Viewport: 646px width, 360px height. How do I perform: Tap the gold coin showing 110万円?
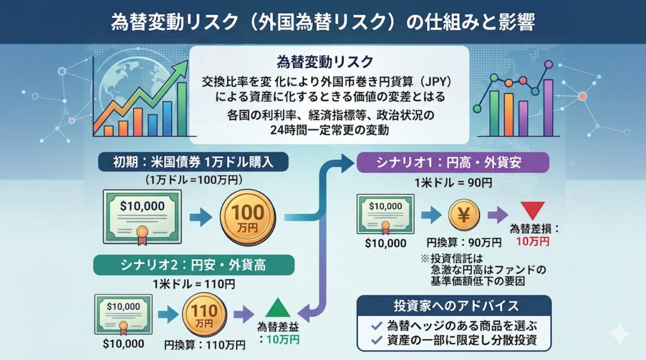point(204,315)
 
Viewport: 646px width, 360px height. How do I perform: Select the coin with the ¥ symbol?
point(464,214)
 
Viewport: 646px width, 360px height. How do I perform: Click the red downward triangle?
point(532,211)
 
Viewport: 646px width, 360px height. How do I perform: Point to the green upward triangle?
point(279,308)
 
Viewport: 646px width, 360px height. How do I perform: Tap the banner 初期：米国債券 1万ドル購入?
point(193,162)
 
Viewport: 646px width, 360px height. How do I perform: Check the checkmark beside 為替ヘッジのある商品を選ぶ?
point(377,326)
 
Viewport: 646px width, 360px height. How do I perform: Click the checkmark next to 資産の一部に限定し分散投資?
point(377,340)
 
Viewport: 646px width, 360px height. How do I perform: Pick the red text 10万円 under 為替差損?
point(532,241)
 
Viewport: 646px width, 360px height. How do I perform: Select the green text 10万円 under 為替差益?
point(283,339)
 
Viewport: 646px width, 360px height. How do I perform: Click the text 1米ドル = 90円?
point(453,182)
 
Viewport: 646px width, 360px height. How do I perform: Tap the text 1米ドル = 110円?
point(194,284)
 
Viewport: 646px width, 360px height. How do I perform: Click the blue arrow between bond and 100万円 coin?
point(201,218)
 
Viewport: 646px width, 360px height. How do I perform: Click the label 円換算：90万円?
point(464,243)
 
